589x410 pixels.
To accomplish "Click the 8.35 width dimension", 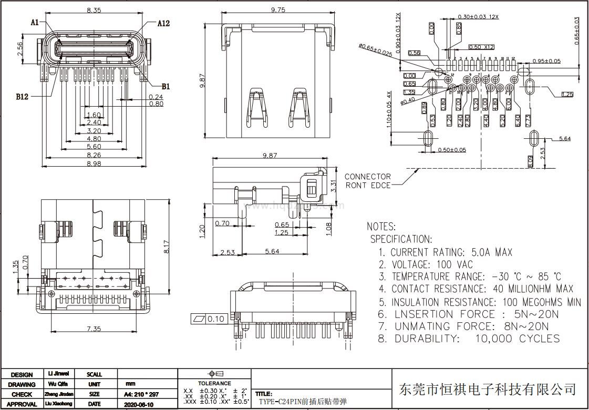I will click(x=94, y=10).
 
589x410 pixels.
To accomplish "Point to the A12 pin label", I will click(x=164, y=23).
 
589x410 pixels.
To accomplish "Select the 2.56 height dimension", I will click(x=20, y=49).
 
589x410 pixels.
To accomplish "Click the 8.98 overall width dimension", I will click(x=94, y=163).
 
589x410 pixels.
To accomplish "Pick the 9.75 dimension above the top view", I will click(x=277, y=10).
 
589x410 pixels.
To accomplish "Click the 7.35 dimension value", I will click(x=94, y=329).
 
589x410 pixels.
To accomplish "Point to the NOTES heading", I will click(x=381, y=227).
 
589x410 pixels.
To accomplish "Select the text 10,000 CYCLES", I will click(x=517, y=339).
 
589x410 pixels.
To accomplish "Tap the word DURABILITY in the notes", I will click(x=427, y=339).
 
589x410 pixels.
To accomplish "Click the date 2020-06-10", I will click(x=139, y=404).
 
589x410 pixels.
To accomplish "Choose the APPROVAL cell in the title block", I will click(x=22, y=404).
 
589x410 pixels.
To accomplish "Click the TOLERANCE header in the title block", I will click(x=214, y=383).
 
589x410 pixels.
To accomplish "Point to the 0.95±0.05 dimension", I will click(x=546, y=61).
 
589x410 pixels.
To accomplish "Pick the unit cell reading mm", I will click(x=130, y=384).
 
